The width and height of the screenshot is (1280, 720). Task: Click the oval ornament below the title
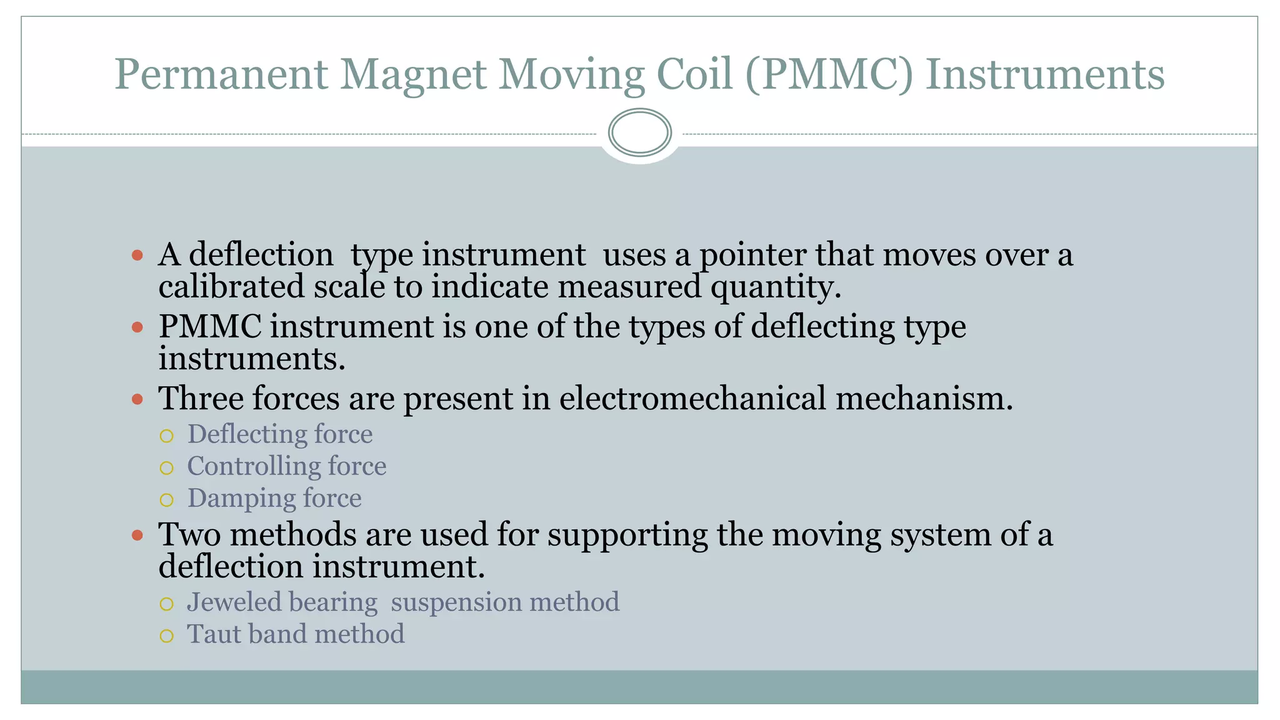(x=639, y=132)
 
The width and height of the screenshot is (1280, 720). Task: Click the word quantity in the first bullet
(x=775, y=288)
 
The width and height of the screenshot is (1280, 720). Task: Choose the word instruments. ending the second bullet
(x=252, y=359)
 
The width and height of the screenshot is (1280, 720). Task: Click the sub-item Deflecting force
(x=280, y=434)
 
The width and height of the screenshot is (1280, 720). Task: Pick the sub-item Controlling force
(x=287, y=466)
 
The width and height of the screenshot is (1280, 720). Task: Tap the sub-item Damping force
(x=274, y=499)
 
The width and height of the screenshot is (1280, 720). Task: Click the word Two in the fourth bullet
(x=191, y=535)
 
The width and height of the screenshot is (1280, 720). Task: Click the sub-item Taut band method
(x=296, y=634)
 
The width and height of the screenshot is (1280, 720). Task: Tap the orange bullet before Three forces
(x=137, y=399)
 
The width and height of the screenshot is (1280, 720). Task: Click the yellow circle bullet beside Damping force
(x=166, y=500)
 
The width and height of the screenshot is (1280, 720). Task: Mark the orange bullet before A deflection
(x=137, y=255)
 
